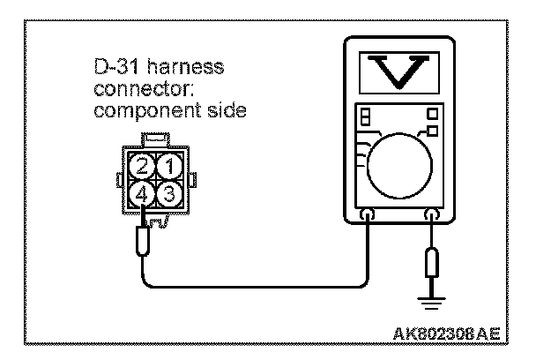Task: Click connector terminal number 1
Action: click(x=174, y=165)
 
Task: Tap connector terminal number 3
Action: click(x=174, y=191)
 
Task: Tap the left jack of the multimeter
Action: click(x=367, y=214)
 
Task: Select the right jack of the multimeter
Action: click(x=432, y=214)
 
